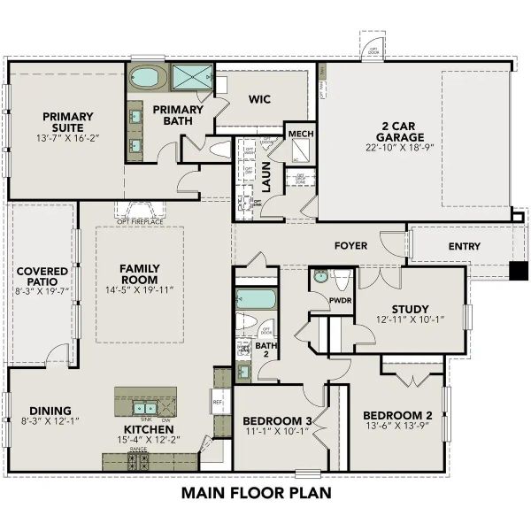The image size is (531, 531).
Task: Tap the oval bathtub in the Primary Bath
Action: click(148, 77)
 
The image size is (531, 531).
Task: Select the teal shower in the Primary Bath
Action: click(191, 78)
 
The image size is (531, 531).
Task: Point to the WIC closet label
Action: click(259, 98)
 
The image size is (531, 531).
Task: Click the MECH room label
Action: click(299, 134)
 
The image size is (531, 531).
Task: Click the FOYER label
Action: click(350, 245)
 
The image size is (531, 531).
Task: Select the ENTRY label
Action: click(465, 246)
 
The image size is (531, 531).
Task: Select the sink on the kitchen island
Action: click(143, 408)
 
